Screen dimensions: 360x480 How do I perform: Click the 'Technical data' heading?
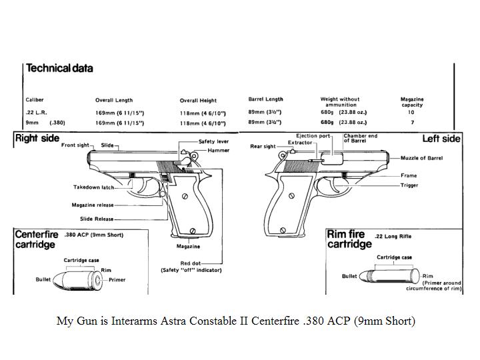click(x=59, y=68)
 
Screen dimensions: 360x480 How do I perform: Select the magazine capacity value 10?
click(x=411, y=113)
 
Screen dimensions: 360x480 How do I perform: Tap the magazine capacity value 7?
click(x=411, y=123)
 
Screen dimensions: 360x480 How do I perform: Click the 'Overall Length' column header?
click(x=114, y=100)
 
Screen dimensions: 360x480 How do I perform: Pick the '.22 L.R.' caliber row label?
click(x=35, y=113)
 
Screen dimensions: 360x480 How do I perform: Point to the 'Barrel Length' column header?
click(x=265, y=99)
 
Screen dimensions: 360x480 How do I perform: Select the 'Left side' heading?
click(x=441, y=139)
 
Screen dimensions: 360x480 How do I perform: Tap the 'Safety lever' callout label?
click(x=214, y=142)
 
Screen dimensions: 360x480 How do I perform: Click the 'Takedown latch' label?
click(x=93, y=187)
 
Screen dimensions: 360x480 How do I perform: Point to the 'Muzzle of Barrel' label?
click(x=421, y=158)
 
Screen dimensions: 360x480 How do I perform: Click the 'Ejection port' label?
click(x=313, y=136)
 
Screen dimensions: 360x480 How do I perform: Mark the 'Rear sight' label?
click(x=263, y=147)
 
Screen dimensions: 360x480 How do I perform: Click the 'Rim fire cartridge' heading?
click(x=349, y=239)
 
